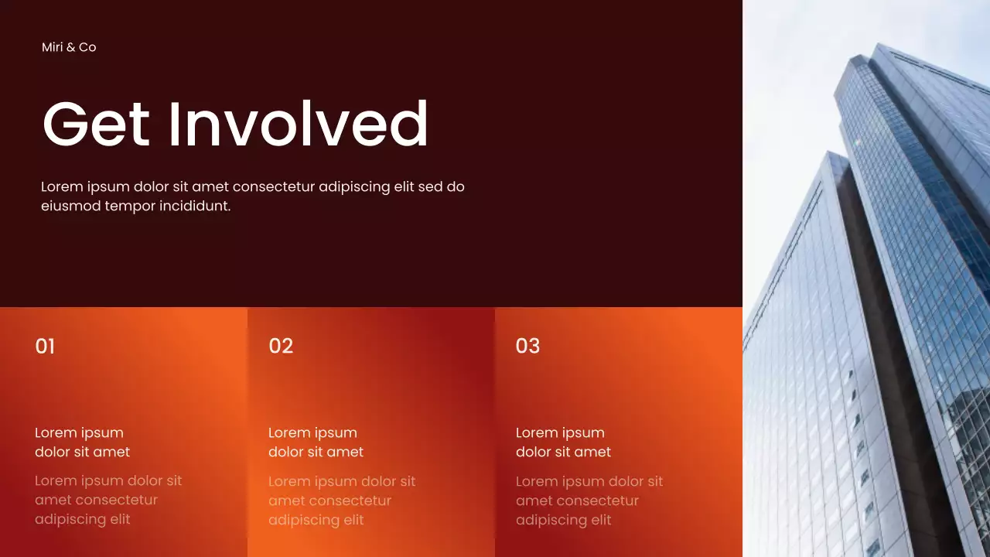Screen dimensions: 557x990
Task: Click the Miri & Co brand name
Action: [x=69, y=47]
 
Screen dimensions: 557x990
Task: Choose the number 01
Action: [x=45, y=346]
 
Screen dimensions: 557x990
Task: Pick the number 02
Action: [x=281, y=346]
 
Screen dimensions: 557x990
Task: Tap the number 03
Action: [x=527, y=346]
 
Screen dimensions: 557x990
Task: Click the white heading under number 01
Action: [x=82, y=442]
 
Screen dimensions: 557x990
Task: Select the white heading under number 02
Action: [x=316, y=442]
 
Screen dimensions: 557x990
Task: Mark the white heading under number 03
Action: [x=563, y=442]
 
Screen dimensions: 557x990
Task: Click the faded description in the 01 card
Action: [x=108, y=500]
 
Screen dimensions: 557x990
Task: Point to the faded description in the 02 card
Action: [x=342, y=501]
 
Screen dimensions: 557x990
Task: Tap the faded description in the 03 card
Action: [x=589, y=501]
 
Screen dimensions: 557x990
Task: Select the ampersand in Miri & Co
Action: [x=70, y=47]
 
